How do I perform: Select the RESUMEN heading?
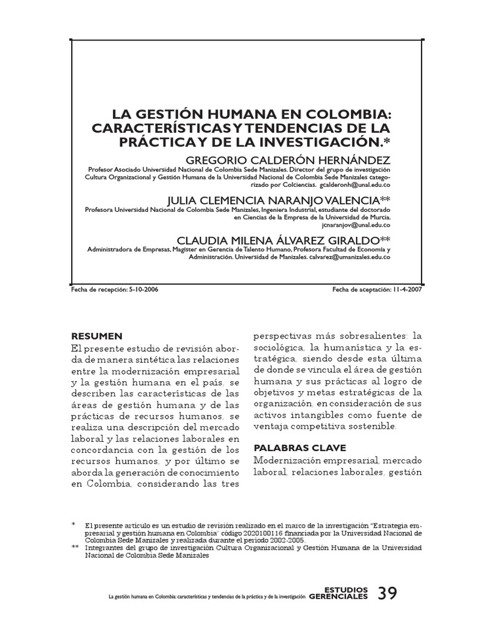(x=97, y=336)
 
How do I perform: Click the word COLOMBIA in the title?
(x=352, y=115)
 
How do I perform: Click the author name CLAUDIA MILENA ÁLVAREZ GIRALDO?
(x=279, y=240)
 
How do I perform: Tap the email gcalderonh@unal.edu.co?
(x=355, y=186)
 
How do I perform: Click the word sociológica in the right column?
(x=279, y=346)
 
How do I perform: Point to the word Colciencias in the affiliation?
(x=296, y=186)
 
